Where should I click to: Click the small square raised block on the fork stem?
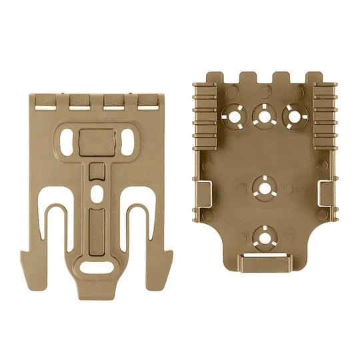(x=97, y=170)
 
